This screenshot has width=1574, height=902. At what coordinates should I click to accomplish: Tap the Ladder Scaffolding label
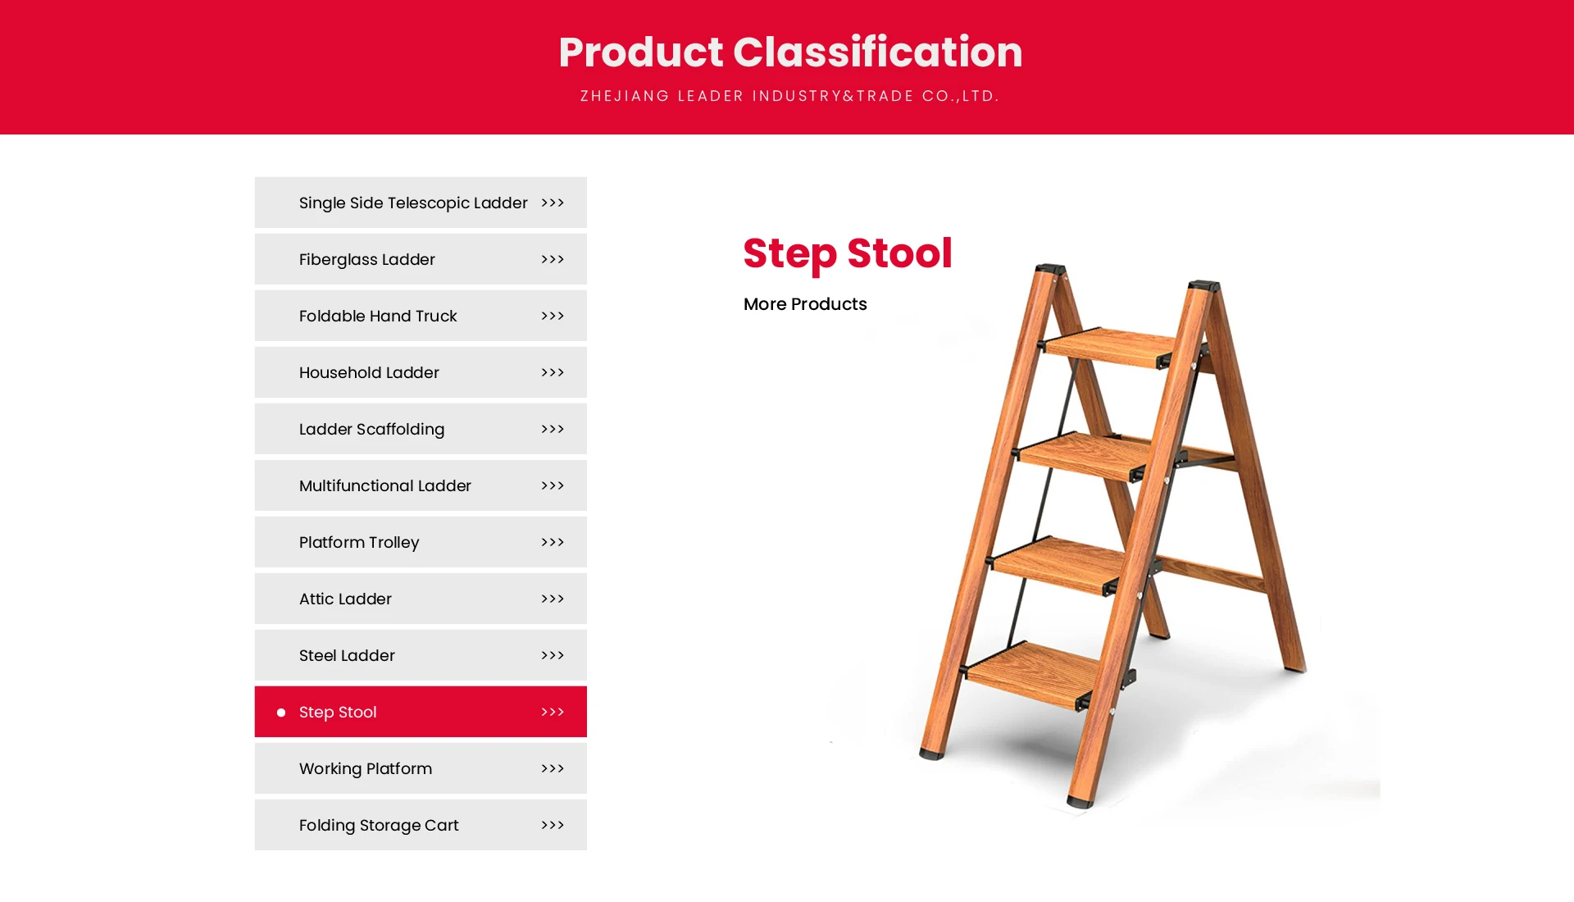click(371, 430)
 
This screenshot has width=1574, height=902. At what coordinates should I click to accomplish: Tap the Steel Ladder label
click(347, 656)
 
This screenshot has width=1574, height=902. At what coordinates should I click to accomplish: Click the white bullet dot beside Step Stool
click(281, 713)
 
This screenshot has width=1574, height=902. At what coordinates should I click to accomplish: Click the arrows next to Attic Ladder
click(553, 599)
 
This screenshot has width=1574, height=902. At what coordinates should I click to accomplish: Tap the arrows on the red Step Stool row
click(553, 713)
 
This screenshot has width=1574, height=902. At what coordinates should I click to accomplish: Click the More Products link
click(805, 304)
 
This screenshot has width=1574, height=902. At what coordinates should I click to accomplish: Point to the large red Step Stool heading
click(848, 253)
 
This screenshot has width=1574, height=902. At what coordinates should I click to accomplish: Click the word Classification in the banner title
click(878, 52)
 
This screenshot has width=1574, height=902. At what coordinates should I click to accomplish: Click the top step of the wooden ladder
click(1108, 348)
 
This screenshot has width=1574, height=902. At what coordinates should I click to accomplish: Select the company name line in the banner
click(789, 96)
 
